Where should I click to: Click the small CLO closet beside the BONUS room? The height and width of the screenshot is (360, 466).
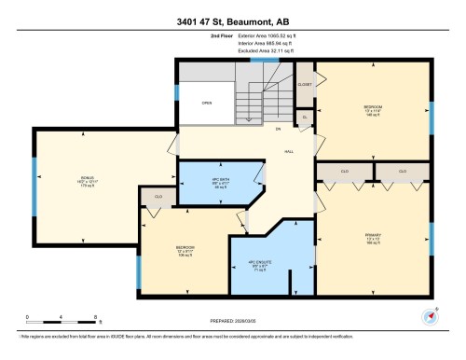click(x=159, y=198)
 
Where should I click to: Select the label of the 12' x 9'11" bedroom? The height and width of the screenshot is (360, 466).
click(x=185, y=249)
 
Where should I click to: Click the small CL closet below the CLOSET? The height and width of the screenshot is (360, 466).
click(x=305, y=116)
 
